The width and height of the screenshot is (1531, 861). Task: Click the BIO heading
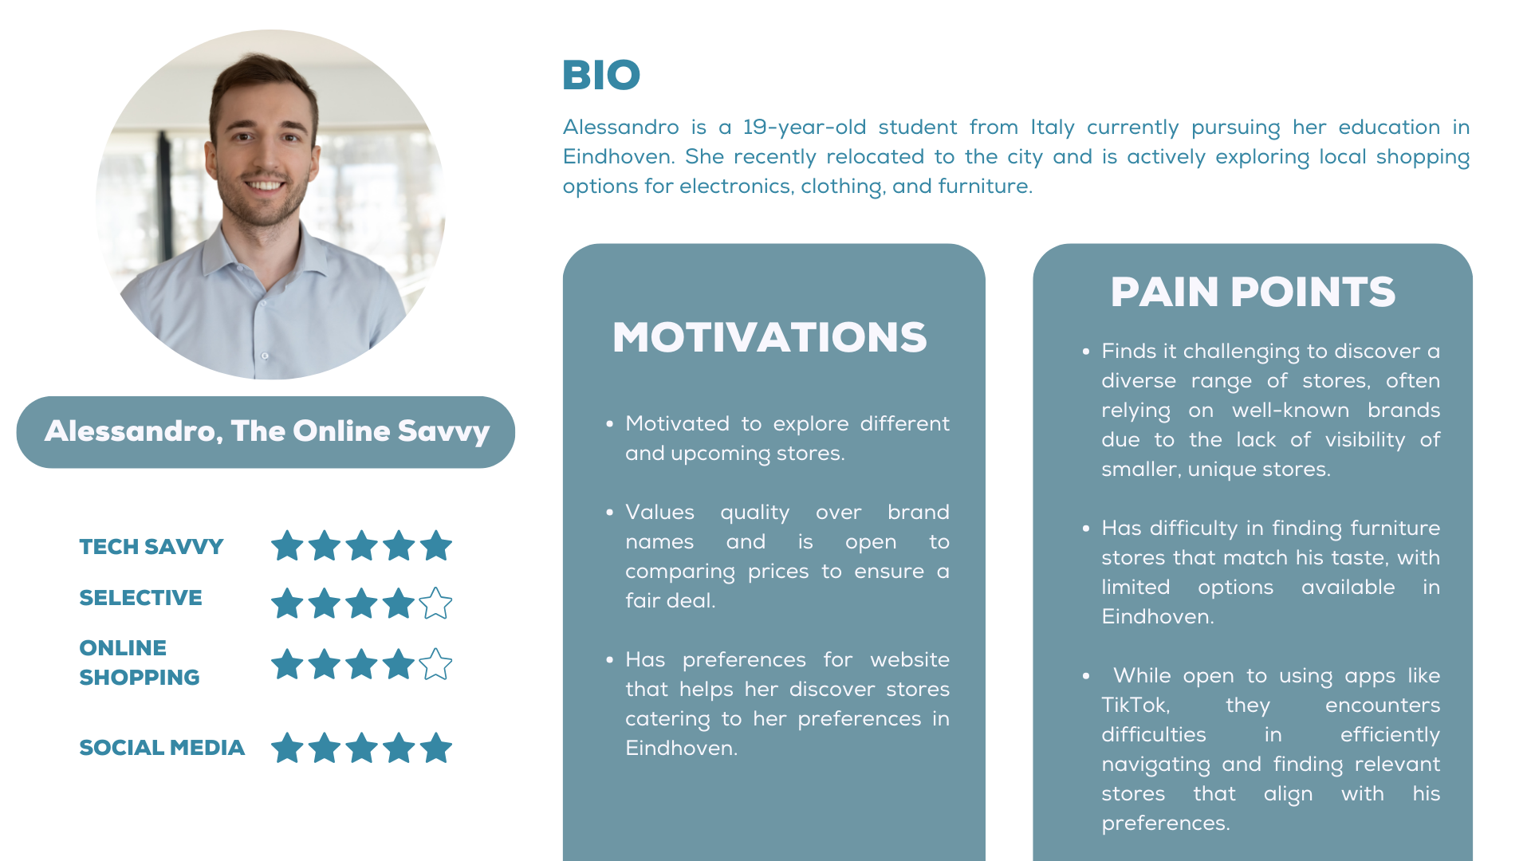601,75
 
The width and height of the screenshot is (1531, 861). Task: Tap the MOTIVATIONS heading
769,337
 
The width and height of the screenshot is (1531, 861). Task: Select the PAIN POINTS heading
1253,292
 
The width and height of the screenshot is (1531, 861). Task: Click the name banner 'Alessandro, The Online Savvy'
266,432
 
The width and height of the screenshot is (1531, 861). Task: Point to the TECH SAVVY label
152,547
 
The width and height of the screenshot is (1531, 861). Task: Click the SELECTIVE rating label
140,598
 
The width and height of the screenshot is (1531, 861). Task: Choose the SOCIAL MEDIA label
162,748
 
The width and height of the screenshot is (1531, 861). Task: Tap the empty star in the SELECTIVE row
435,603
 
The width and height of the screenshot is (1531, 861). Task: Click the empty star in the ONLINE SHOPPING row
435,664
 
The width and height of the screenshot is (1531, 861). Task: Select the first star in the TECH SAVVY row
287,546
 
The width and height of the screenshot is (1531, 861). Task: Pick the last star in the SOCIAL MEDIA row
435,748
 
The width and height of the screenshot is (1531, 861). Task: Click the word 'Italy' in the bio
1053,128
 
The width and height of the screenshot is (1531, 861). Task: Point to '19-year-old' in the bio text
804,128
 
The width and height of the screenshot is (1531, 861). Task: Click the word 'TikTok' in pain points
1135,706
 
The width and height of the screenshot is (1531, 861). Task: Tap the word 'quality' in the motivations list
754,513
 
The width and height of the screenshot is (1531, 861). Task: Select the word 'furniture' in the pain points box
1394,528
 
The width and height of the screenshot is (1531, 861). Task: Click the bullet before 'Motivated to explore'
610,424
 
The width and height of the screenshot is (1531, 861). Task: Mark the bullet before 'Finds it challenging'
1086,352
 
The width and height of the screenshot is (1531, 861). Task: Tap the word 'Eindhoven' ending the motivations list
680,749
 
